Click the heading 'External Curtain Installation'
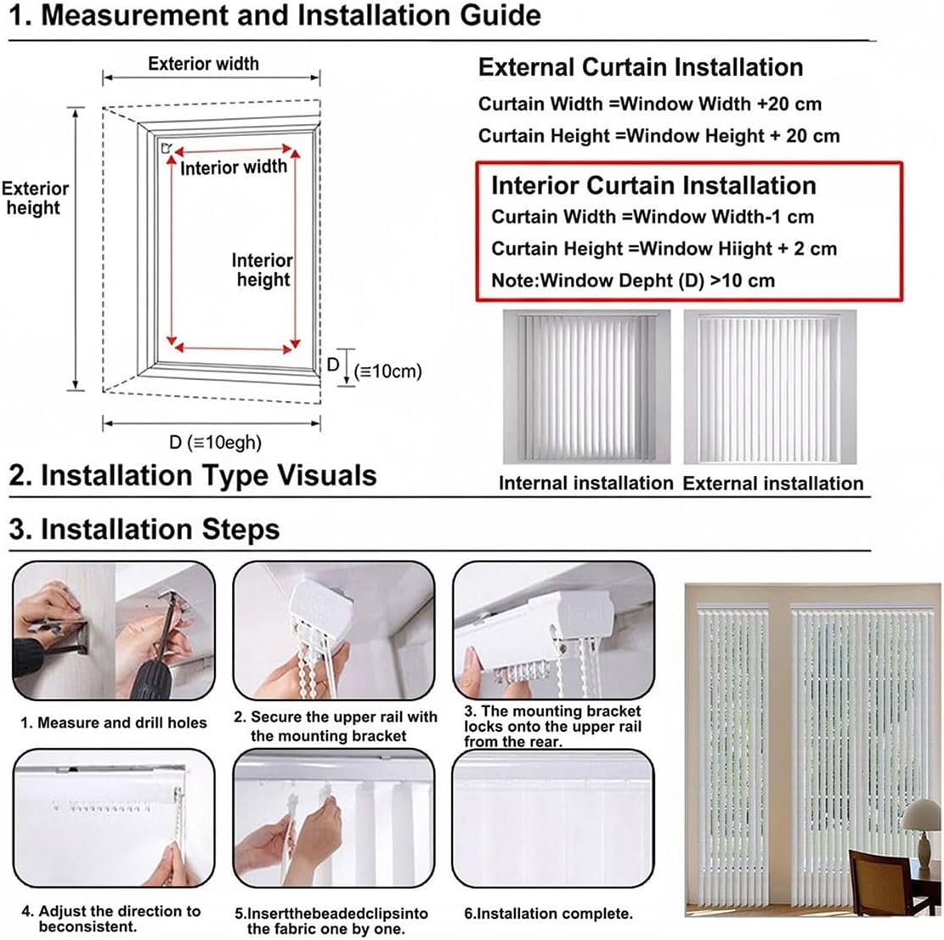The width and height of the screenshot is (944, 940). pyautogui.click(x=640, y=68)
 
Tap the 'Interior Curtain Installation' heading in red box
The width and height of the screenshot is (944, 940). pyautogui.click(x=653, y=185)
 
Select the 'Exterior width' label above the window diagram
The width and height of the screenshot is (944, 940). pyautogui.click(x=203, y=64)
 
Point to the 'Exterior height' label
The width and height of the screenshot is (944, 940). pyautogui.click(x=35, y=198)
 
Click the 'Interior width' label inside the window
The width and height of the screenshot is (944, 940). pyautogui.click(x=234, y=167)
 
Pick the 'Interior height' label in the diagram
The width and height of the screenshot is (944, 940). pyautogui.click(x=262, y=270)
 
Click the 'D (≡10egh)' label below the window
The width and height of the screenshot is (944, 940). pyautogui.click(x=215, y=442)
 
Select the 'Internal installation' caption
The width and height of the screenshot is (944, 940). pyautogui.click(x=585, y=483)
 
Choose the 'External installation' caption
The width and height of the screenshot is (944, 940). pyautogui.click(x=772, y=483)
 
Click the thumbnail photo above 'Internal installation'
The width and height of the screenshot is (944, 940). pyautogui.click(x=586, y=388)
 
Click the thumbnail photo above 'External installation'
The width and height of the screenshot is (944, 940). pyautogui.click(x=770, y=388)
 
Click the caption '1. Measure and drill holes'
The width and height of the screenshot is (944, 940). pyautogui.click(x=114, y=722)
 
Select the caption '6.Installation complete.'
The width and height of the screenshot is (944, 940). pyautogui.click(x=548, y=914)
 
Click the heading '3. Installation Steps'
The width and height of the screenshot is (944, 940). pyautogui.click(x=144, y=529)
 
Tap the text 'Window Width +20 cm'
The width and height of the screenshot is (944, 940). pyautogui.click(x=721, y=104)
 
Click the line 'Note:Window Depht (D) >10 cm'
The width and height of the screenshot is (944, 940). pyautogui.click(x=633, y=280)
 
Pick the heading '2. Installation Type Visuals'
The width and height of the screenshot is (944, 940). pyautogui.click(x=193, y=474)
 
